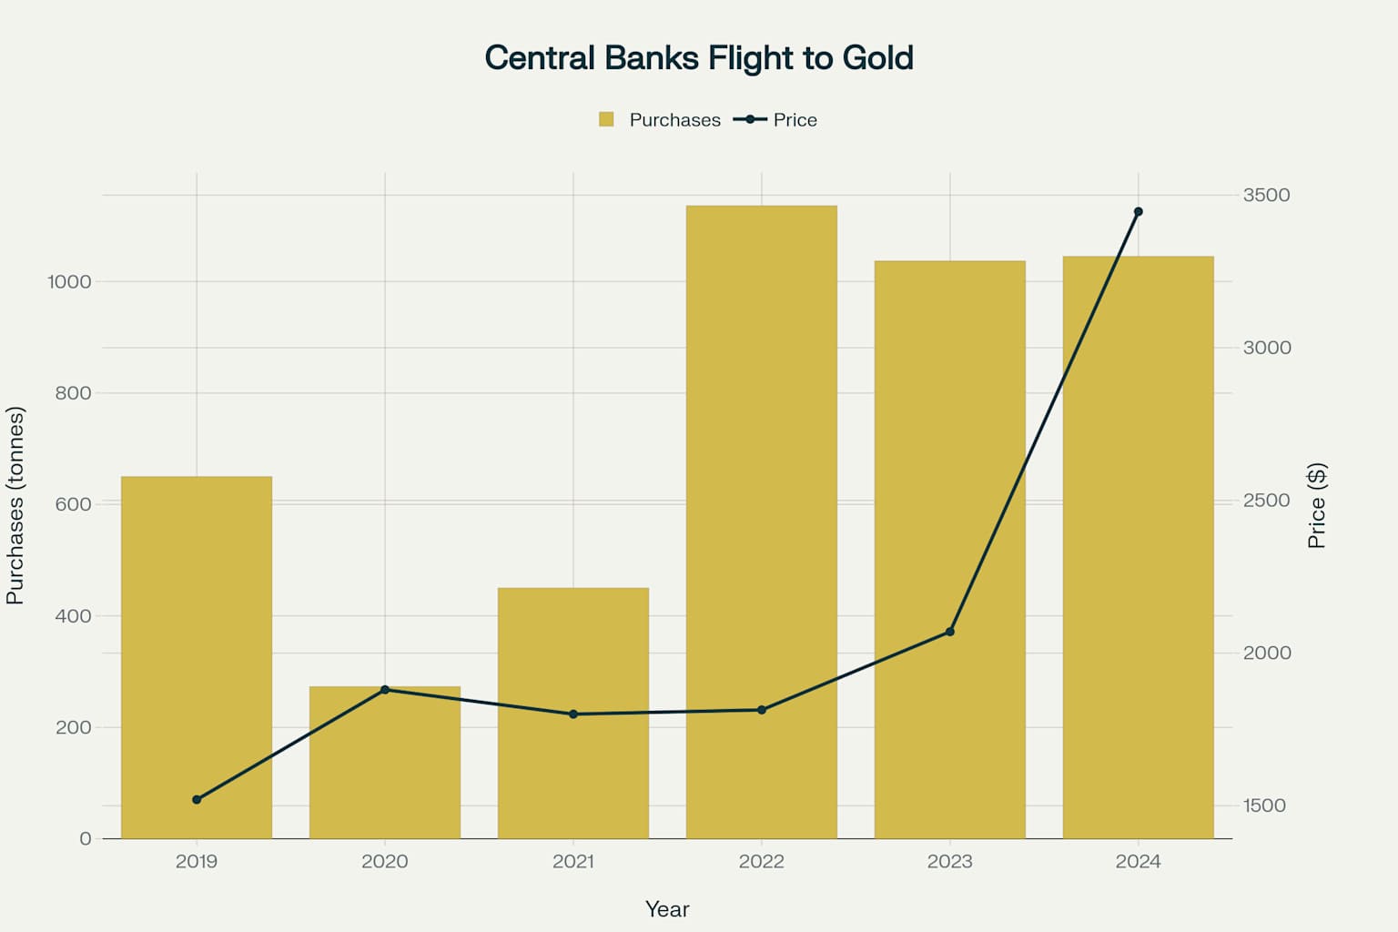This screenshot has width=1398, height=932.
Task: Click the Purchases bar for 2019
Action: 197,655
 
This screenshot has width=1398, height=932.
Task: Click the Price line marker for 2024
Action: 1138,212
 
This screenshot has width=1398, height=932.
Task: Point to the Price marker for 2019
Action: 197,799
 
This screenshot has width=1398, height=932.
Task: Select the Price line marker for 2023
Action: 950,632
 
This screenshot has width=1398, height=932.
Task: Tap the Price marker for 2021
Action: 573,714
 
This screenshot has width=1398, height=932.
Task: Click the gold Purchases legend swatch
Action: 606,119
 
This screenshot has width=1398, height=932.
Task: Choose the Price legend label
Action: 795,120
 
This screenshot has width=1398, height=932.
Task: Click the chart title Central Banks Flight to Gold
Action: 699,57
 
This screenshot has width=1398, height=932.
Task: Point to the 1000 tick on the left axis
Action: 70,282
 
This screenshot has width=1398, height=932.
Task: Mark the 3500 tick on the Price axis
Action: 1266,195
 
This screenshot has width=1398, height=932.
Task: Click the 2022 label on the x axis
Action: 762,861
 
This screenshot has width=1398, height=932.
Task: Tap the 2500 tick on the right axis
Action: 1266,501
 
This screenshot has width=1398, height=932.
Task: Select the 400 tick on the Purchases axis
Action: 73,616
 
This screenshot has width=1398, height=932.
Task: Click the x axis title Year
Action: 667,909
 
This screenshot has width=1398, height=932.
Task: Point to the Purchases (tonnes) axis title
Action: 15,505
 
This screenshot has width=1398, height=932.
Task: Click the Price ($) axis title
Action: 1316,505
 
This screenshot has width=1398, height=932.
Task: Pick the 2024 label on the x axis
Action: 1138,861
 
